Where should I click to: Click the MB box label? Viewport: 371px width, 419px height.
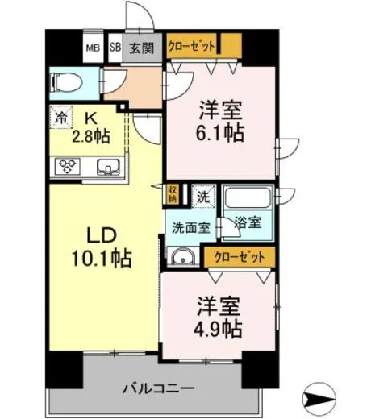[94, 48]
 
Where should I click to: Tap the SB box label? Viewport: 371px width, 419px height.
[115, 48]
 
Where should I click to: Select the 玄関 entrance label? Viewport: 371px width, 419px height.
[142, 48]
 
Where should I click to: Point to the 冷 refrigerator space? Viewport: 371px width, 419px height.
[61, 116]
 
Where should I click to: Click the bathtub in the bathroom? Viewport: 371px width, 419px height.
[245, 198]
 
